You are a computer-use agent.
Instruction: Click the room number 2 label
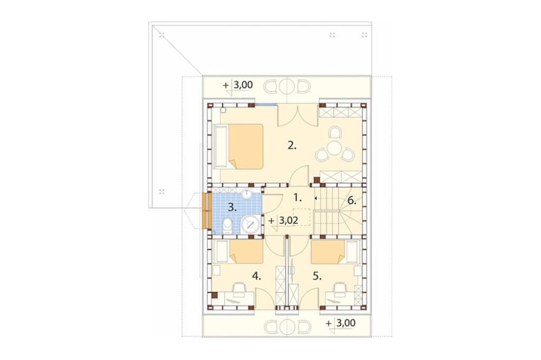292,145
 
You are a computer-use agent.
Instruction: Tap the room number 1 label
298,198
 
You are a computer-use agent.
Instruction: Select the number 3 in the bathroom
233,208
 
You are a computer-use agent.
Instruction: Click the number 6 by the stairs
352,201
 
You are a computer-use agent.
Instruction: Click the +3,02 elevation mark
283,221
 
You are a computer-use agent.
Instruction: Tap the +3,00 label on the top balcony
238,85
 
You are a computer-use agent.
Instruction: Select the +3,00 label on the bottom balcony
340,323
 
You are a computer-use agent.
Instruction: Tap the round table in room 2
334,148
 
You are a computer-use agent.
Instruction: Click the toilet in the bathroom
228,225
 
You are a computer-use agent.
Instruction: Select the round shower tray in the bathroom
252,225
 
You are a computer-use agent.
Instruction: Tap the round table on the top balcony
287,86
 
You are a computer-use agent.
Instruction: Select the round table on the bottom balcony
287,326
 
